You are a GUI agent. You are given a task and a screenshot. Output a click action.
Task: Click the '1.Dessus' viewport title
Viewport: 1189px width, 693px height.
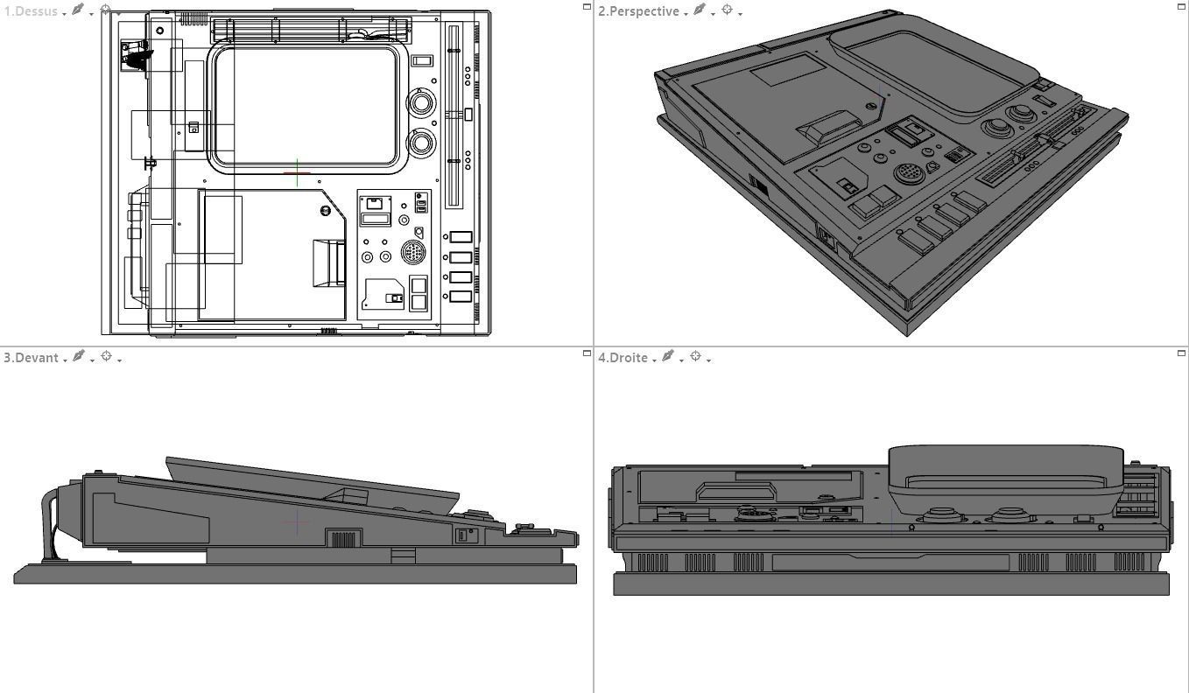tap(31, 11)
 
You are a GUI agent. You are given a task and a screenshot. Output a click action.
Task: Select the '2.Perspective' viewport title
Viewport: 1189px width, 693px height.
tap(638, 11)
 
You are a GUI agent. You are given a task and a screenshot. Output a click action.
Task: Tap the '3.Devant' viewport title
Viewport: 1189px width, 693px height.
tap(31, 358)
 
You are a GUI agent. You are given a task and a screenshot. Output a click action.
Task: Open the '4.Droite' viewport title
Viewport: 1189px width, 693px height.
tap(623, 358)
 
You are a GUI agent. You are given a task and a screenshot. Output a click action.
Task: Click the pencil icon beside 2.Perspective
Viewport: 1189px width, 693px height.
tap(700, 10)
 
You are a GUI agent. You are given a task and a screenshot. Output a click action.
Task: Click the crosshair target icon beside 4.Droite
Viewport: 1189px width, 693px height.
tap(696, 357)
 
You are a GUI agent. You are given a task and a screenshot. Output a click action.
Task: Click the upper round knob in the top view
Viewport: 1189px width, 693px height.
tap(421, 102)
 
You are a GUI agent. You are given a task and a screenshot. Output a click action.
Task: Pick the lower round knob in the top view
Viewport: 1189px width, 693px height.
tap(421, 141)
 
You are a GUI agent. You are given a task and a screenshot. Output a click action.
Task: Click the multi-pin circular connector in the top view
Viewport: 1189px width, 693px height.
tap(413, 253)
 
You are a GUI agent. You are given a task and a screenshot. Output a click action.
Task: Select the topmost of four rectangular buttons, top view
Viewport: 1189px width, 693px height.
tap(461, 237)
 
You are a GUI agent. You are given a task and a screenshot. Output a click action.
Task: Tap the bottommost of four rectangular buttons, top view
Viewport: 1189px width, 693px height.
tap(461, 297)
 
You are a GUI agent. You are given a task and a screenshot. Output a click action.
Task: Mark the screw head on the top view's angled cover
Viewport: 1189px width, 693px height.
tap(326, 211)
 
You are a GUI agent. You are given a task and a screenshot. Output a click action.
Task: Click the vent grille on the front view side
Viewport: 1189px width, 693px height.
tap(343, 538)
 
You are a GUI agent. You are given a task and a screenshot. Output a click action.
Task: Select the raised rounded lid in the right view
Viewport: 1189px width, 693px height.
tap(1005, 477)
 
